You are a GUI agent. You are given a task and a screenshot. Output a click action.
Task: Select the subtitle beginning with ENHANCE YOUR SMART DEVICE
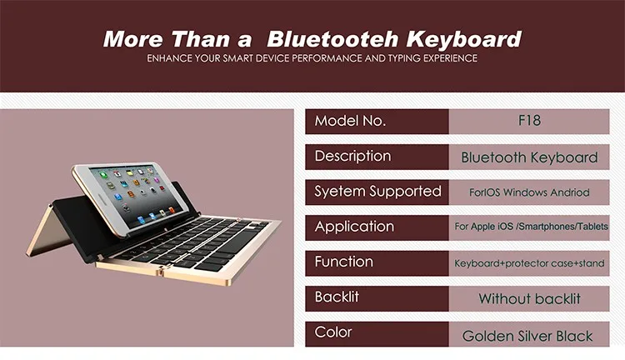click(x=312, y=58)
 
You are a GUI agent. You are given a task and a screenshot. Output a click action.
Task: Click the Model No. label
click(x=350, y=121)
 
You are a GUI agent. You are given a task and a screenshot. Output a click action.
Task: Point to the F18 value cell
click(x=529, y=121)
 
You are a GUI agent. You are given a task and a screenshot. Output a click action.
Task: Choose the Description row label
click(x=352, y=157)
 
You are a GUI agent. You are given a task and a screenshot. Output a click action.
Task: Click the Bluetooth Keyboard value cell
click(x=529, y=157)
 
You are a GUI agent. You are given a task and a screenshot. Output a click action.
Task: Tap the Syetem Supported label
click(x=377, y=192)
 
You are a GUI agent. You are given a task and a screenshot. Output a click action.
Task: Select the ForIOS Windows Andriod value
click(x=529, y=192)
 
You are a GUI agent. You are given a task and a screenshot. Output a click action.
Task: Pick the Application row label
click(x=354, y=227)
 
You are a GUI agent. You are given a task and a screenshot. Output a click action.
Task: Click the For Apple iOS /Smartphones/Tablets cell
click(x=529, y=227)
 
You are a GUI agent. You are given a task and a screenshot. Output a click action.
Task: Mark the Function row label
click(x=344, y=262)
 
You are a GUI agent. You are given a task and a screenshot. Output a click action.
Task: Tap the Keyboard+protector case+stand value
click(x=529, y=263)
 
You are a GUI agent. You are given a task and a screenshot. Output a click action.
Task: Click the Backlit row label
click(x=337, y=297)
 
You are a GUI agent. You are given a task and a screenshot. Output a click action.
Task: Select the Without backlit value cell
click(x=529, y=298)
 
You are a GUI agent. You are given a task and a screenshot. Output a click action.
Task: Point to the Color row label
click(x=333, y=332)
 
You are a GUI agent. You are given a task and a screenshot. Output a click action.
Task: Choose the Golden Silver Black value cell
click(x=527, y=336)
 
